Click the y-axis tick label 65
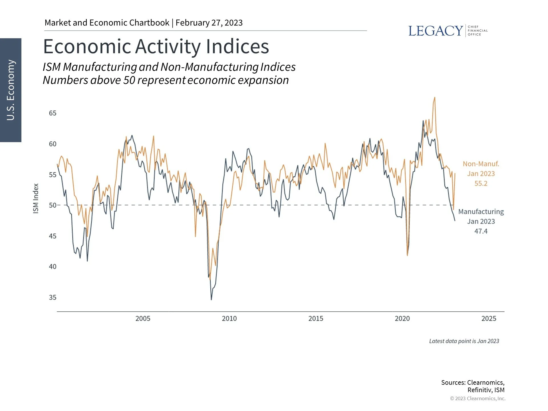tap(53, 113)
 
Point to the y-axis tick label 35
tap(53, 297)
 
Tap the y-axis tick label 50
tap(53, 205)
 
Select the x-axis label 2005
tap(143, 319)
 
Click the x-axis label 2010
tap(229, 319)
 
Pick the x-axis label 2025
tap(489, 319)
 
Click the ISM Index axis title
tap(36, 198)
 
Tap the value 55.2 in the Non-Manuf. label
tap(481, 184)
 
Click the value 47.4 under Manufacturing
tap(481, 231)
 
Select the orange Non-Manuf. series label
tap(481, 164)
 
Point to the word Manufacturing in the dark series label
tap(481, 212)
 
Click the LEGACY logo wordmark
tap(435, 31)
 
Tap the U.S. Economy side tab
tap(11, 90)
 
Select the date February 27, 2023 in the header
tap(209, 23)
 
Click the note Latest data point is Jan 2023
tap(464, 341)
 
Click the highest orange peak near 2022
tap(435, 98)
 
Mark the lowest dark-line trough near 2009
tap(211, 299)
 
